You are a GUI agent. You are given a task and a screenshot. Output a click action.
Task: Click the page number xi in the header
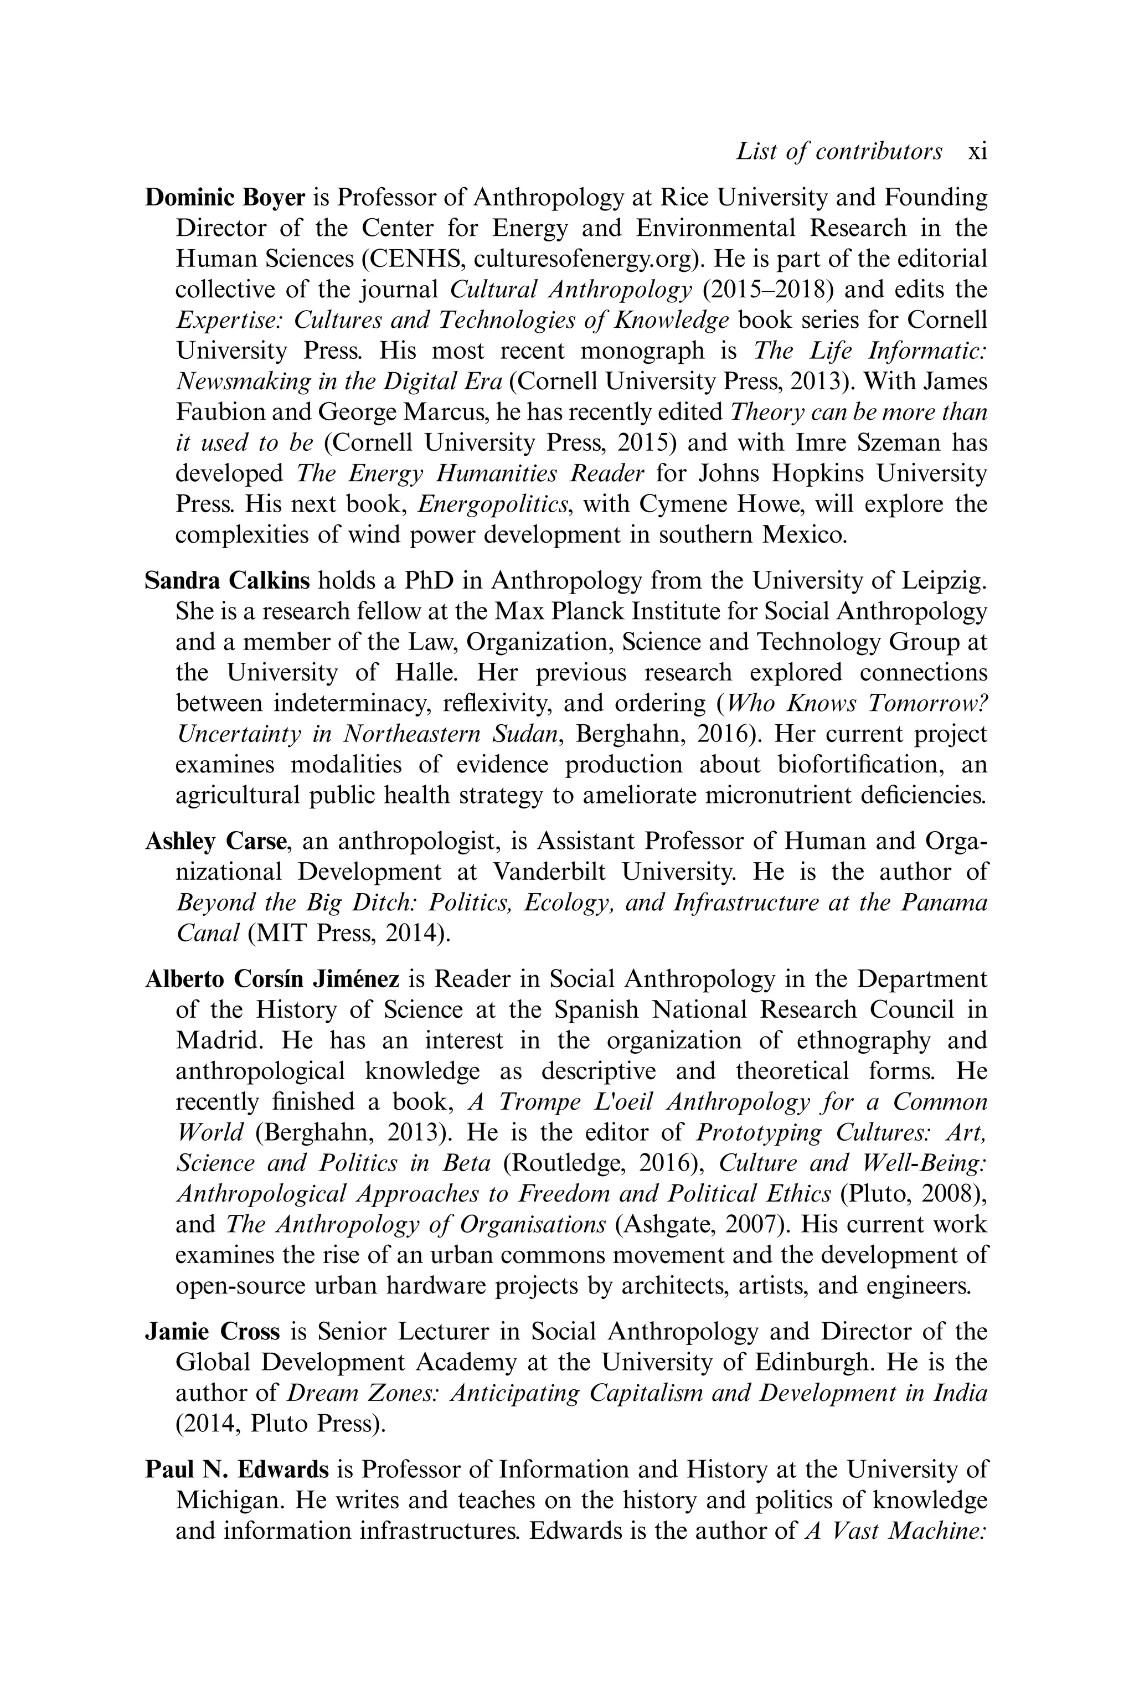[977, 152]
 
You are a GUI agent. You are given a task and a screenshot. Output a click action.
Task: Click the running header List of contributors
[839, 152]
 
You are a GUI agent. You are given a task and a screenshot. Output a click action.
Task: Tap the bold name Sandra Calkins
[227, 581]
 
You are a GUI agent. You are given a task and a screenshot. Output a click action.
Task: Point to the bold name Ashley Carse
[218, 842]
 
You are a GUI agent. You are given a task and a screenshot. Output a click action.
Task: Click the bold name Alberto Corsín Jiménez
[272, 979]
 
